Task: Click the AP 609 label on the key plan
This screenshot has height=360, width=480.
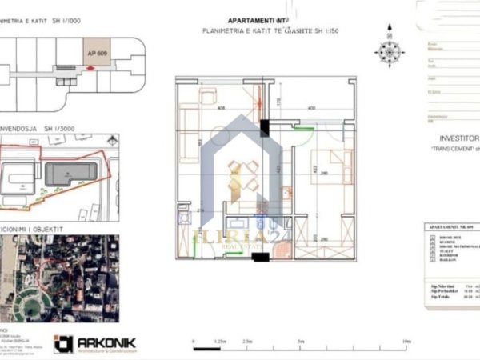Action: [x=96, y=52]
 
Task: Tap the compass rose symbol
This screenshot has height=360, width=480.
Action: [x=390, y=52]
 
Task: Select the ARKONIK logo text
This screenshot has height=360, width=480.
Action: [x=106, y=342]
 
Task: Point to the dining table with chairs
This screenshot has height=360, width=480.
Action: [x=244, y=176]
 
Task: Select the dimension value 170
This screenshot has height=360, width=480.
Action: [x=278, y=102]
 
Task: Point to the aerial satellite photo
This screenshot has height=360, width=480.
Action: [x=59, y=266]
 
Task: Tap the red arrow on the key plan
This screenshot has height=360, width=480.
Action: [x=90, y=69]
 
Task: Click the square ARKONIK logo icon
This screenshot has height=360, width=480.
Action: [x=63, y=343]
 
